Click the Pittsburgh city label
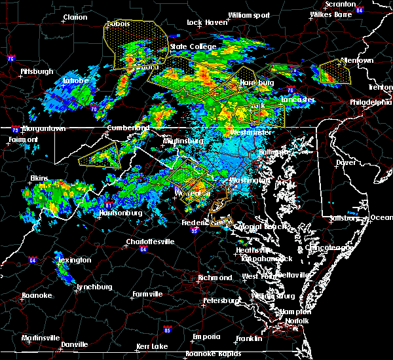37,71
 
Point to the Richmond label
215,278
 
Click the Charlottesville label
150,242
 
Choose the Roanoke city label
37,295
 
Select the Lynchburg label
92,287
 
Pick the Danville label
74,344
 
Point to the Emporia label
206,336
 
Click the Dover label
345,162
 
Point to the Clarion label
75,18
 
